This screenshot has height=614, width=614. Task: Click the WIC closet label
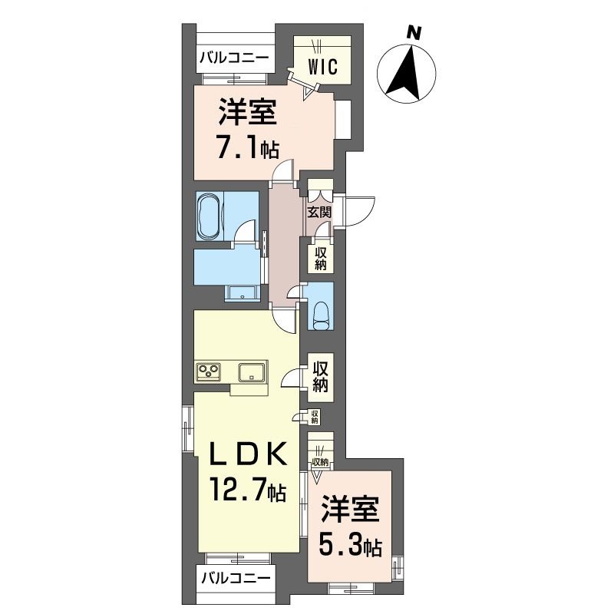point(323,67)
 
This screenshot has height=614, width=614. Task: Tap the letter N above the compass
point(414,33)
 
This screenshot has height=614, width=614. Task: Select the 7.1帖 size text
point(246,147)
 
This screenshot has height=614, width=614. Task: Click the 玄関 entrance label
point(319,213)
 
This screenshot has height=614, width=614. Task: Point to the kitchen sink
point(252,373)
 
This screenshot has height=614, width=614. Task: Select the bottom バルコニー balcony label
point(235,578)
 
